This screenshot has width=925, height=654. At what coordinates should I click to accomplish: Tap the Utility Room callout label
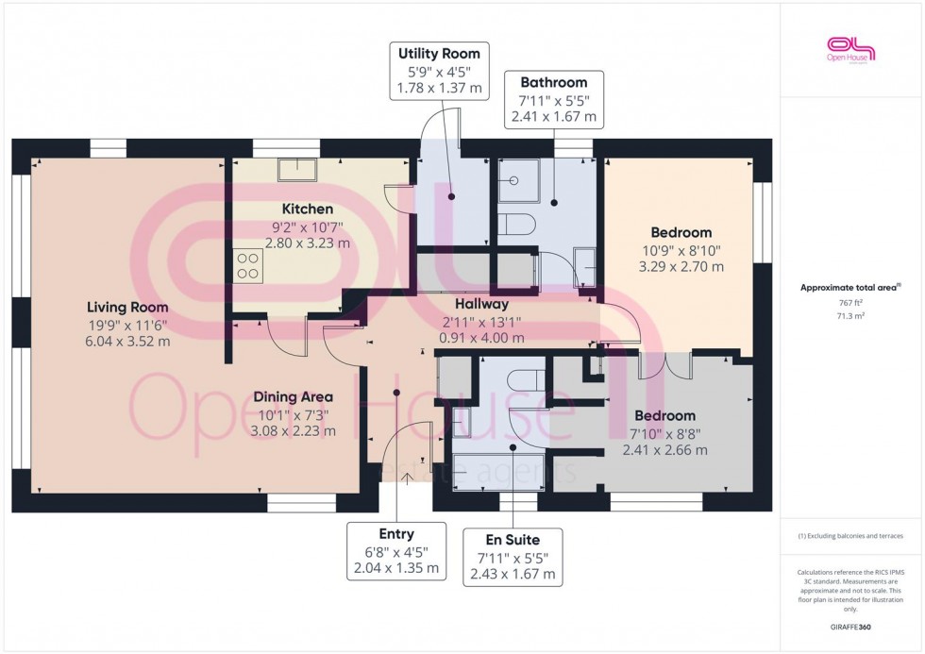pyautogui.click(x=439, y=71)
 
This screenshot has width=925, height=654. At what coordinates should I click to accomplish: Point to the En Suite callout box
pyautogui.click(x=513, y=557)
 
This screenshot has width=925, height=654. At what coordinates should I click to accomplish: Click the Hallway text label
pyautogui.click(x=481, y=304)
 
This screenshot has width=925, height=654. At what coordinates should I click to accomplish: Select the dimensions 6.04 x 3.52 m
pyautogui.click(x=127, y=341)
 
